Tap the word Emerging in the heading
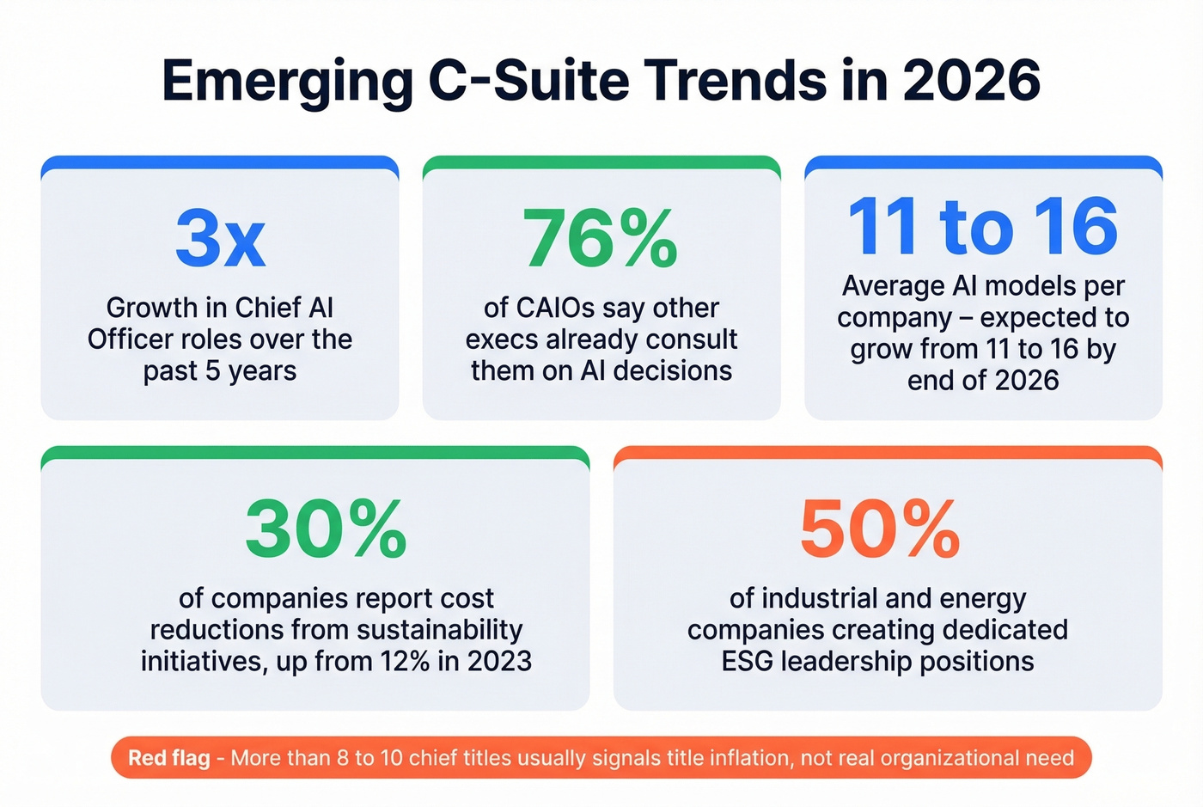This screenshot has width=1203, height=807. pyautogui.click(x=287, y=83)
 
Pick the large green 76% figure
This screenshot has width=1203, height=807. pyautogui.click(x=601, y=238)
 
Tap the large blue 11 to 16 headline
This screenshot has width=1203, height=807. pyautogui.click(x=983, y=227)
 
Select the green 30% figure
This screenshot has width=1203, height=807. pyautogui.click(x=326, y=529)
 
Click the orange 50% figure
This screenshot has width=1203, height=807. pyautogui.click(x=880, y=529)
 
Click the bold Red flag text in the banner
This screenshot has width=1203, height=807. pyautogui.click(x=169, y=758)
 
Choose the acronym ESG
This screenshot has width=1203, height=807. pyautogui.click(x=748, y=662)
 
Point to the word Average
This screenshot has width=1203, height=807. pyautogui.click(x=892, y=286)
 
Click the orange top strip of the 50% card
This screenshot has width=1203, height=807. pyautogui.click(x=888, y=453)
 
